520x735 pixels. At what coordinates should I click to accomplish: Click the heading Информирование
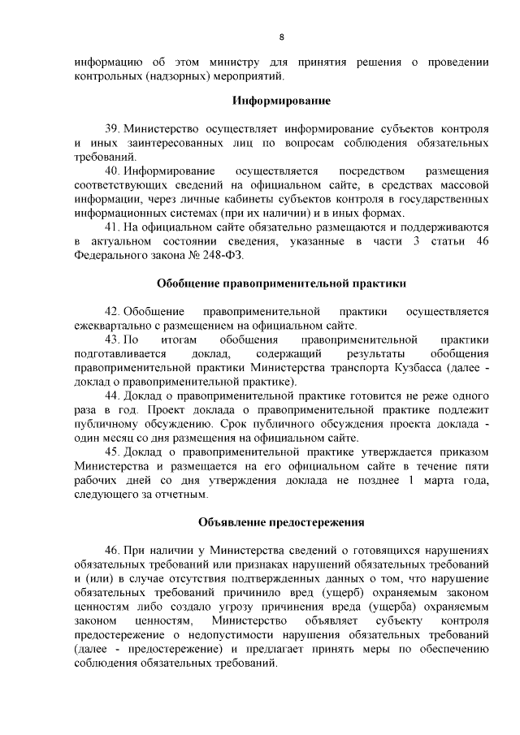(x=281, y=102)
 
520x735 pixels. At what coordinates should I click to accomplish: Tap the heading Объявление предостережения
(x=281, y=521)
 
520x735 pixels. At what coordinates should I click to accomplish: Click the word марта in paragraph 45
(x=439, y=481)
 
